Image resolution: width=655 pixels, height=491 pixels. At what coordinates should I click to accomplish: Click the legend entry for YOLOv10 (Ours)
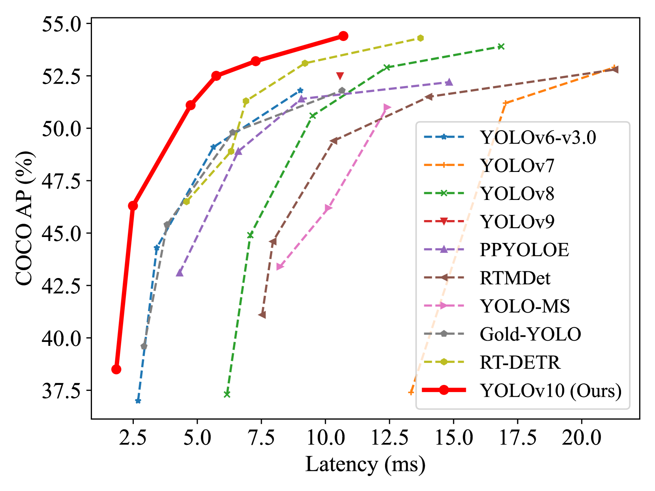(550, 390)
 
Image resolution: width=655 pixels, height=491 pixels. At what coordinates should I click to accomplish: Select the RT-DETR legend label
(520, 362)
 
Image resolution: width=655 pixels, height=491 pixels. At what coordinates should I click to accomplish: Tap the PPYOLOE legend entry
(524, 250)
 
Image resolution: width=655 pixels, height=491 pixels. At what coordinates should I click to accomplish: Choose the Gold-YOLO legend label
(530, 334)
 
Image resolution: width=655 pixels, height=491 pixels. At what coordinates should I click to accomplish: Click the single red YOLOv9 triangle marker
(340, 76)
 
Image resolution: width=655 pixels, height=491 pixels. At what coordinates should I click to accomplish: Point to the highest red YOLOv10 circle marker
(343, 36)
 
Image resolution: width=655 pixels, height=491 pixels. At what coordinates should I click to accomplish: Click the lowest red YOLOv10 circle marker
(116, 370)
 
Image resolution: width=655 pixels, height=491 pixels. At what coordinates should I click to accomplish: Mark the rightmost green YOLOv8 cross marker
(501, 47)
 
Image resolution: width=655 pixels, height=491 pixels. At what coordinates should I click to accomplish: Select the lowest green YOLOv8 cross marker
(227, 394)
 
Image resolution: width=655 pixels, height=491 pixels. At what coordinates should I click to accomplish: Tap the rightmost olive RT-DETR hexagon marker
(421, 38)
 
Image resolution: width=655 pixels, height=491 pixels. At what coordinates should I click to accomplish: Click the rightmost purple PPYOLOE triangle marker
(449, 82)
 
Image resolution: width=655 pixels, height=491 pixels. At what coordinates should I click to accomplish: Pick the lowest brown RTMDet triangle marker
(262, 315)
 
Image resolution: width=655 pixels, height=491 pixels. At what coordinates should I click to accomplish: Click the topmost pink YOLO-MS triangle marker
(387, 108)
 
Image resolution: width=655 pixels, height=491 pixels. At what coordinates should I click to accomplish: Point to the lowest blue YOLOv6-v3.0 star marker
(138, 401)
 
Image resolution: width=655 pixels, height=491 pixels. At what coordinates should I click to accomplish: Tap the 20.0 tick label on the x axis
(581, 438)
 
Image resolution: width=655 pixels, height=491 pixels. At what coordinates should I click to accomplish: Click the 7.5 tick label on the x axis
(261, 438)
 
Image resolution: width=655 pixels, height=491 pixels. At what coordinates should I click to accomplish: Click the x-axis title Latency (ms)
(365, 464)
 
